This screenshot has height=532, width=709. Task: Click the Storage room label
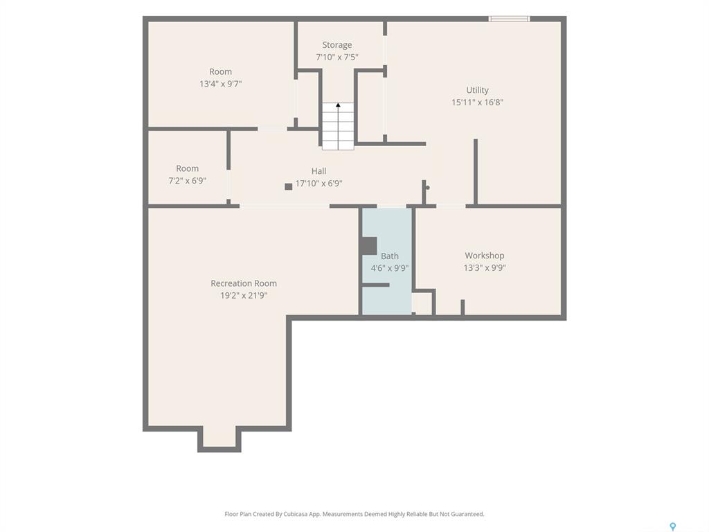click(x=337, y=45)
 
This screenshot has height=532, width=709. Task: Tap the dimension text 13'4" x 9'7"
click(x=221, y=84)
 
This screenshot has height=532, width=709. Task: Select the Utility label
click(x=478, y=90)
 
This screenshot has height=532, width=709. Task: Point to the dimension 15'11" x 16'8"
click(x=478, y=103)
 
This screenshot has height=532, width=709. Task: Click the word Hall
click(x=318, y=171)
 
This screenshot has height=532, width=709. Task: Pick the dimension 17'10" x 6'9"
click(x=318, y=183)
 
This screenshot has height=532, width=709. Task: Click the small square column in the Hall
click(x=289, y=186)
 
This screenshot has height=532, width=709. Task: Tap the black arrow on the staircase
click(x=338, y=105)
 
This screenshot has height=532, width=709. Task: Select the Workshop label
click(x=484, y=256)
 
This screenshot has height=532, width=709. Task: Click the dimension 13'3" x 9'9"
click(x=484, y=268)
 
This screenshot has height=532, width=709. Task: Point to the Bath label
click(x=389, y=256)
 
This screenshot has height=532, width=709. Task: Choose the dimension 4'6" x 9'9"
click(x=389, y=268)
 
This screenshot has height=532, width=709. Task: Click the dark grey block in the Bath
click(x=369, y=246)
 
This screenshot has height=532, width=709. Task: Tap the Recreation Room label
click(x=244, y=283)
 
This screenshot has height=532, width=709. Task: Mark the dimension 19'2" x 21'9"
click(x=244, y=295)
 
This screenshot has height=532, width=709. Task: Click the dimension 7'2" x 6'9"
click(x=187, y=181)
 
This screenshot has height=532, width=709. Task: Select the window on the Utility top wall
click(x=509, y=19)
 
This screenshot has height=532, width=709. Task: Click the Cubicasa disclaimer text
click(x=354, y=514)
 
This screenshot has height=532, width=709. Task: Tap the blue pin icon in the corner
click(x=673, y=526)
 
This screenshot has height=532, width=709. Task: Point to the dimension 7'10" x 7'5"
click(x=337, y=57)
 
